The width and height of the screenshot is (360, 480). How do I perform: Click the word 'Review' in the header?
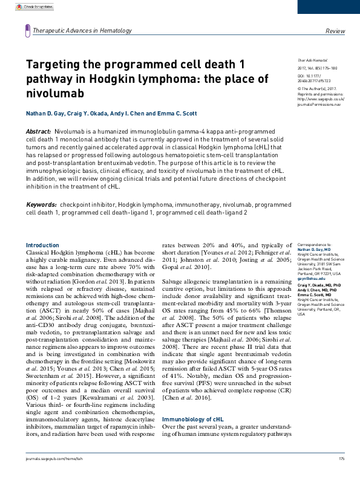pos(335,30)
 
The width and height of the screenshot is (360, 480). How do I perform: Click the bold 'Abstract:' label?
pos(39,132)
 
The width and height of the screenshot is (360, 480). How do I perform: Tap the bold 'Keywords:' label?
pos(41,205)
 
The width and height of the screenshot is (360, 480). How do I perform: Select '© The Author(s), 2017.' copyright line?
pos(317,89)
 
